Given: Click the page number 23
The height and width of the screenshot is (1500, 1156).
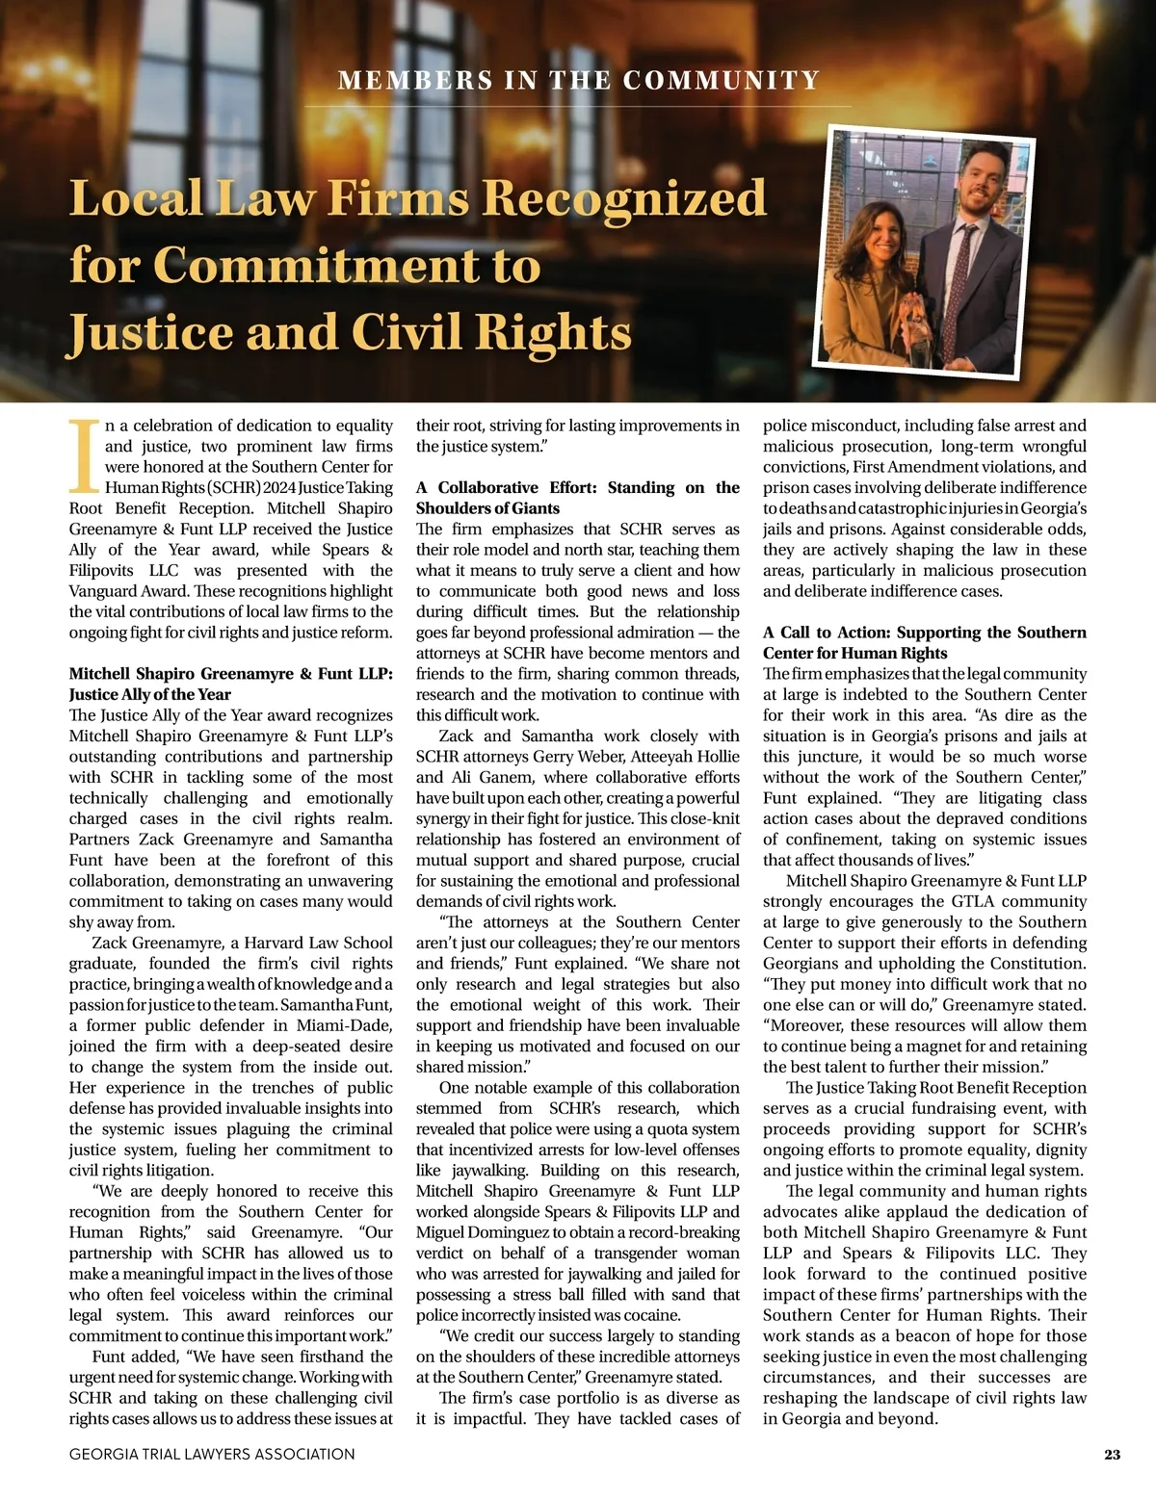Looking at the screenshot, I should tap(1112, 1455).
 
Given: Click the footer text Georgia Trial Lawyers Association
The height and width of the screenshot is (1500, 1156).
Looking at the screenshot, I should tap(212, 1455).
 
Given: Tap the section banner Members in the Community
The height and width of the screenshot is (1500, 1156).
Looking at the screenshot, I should tap(578, 80).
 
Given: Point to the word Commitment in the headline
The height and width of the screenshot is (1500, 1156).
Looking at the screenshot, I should tap(348, 265).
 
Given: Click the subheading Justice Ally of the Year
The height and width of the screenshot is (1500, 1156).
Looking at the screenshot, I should tap(149, 694).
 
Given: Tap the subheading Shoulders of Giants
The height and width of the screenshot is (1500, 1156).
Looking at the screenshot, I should tap(487, 508).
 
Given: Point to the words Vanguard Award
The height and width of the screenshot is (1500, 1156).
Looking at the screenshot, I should tap(128, 591).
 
